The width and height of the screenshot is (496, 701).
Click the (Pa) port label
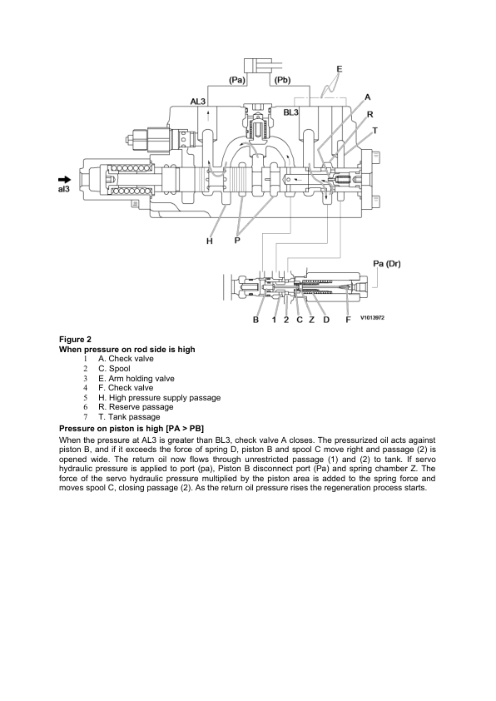pyautogui.click(x=236, y=80)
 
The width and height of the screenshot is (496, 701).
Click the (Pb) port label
pyautogui.click(x=281, y=80)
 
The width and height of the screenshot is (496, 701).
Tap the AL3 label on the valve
pyautogui.click(x=198, y=102)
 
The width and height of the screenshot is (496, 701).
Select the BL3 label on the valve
pyautogui.click(x=293, y=112)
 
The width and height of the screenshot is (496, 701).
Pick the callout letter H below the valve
pyautogui.click(x=210, y=241)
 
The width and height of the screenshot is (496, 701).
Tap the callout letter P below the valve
pyautogui.click(x=239, y=241)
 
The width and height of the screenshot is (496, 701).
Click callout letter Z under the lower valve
pyautogui.click(x=311, y=320)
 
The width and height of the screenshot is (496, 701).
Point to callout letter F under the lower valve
pyautogui.click(x=348, y=320)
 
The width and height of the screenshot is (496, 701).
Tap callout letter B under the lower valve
pyautogui.click(x=256, y=320)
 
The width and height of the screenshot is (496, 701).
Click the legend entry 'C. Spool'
pyautogui.click(x=116, y=368)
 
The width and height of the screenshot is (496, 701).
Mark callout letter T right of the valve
pyautogui.click(x=374, y=131)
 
